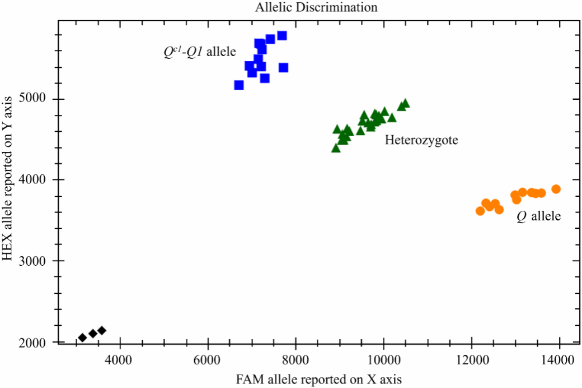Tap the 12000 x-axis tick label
pyautogui.click(x=471, y=359)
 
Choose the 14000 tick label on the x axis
pyautogui.click(x=559, y=359)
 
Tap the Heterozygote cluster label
pyautogui.click(x=421, y=140)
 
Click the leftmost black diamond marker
pyautogui.click(x=83, y=338)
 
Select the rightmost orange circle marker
pyautogui.click(x=556, y=189)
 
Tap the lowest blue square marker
pyautogui.click(x=239, y=85)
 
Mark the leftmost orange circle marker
pyautogui.click(x=480, y=211)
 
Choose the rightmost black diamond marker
pyautogui.click(x=102, y=331)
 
